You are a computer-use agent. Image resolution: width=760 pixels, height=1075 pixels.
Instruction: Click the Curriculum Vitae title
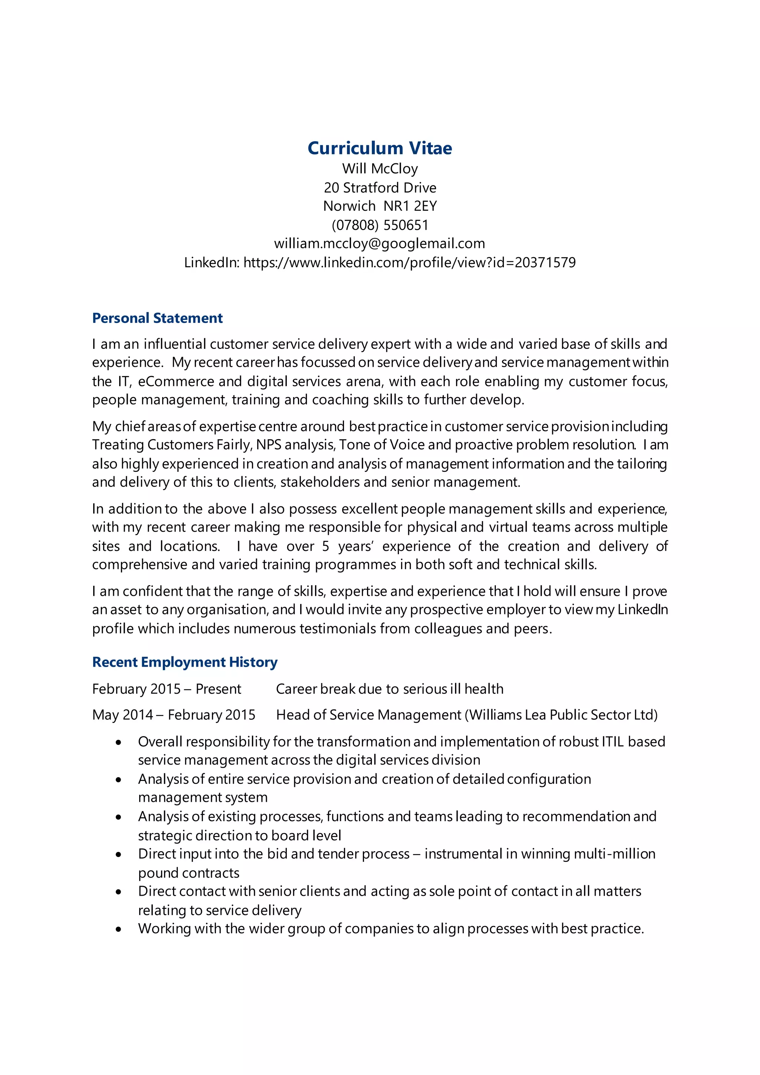click(380, 148)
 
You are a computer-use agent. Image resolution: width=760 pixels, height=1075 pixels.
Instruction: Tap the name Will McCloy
click(380, 169)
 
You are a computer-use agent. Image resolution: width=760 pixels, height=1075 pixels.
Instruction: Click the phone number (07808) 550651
click(380, 225)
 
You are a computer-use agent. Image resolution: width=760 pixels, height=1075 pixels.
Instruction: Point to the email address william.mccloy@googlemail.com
click(380, 244)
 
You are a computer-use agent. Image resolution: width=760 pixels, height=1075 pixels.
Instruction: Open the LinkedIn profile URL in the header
click(409, 263)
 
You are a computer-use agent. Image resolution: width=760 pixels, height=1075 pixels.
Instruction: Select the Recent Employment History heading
click(185, 662)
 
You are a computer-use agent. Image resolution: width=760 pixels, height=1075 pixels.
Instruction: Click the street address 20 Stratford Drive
click(380, 188)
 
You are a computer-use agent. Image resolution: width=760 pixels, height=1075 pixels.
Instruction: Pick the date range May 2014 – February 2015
click(174, 715)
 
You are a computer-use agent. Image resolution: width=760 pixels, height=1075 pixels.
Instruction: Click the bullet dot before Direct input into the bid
click(119, 855)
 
